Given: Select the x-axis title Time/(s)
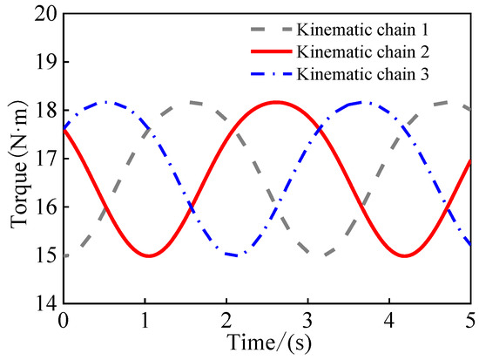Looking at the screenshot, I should click(x=267, y=343).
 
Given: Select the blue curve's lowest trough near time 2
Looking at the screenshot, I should click(x=235, y=255).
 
